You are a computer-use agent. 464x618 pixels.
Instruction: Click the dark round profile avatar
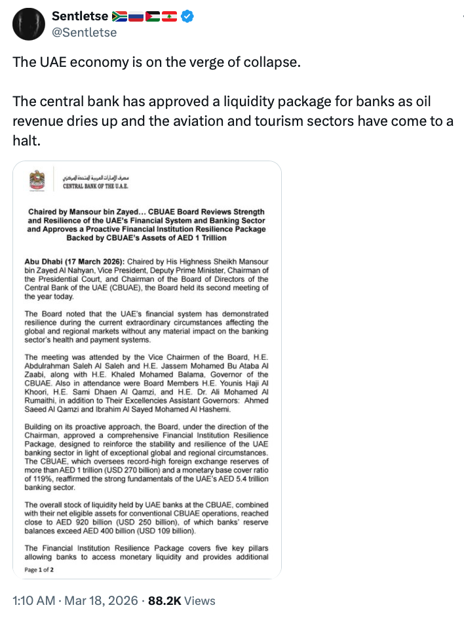coord(27,24)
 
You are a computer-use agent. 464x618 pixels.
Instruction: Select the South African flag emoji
coord(120,16)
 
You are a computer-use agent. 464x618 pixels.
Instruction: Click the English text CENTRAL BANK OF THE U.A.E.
coord(95,187)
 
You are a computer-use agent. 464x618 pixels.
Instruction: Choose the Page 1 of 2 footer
coord(40,570)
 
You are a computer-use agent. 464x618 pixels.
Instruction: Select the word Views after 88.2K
coord(200,600)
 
